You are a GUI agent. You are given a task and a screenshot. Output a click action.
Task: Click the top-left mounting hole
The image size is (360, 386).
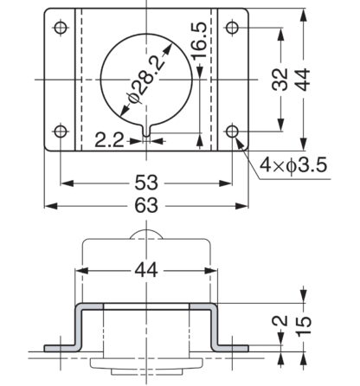(61, 28)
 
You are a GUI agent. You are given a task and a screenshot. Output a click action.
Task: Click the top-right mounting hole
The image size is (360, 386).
(232, 28)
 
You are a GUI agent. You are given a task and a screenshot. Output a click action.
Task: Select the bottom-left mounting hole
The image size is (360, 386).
(61, 132)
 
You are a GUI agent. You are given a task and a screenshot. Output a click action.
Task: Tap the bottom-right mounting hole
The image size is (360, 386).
(232, 132)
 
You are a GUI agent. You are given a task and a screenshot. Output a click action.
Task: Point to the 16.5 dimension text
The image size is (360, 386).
(199, 40)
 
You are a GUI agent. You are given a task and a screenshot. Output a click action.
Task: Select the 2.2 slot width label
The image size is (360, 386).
(110, 140)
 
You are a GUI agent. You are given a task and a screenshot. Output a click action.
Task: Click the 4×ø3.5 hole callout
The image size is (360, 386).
(293, 165)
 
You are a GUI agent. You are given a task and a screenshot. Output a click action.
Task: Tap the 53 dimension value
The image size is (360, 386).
(146, 183)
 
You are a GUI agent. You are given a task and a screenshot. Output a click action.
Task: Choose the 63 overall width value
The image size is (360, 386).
(146, 205)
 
